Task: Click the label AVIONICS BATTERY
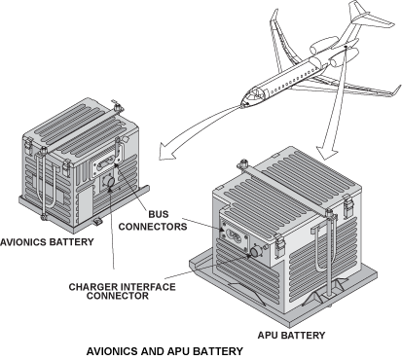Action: point(47,242)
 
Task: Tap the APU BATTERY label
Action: point(291,335)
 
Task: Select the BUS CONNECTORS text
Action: point(153,220)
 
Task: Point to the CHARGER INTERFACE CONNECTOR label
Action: point(122,291)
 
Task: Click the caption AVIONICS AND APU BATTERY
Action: point(164,351)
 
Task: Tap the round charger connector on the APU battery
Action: point(256,251)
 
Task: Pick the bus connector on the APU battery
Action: point(235,234)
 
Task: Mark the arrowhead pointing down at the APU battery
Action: point(327,152)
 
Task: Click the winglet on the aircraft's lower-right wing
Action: point(396,90)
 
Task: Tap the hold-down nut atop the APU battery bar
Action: point(242,163)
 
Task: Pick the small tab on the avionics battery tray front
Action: point(97,222)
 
